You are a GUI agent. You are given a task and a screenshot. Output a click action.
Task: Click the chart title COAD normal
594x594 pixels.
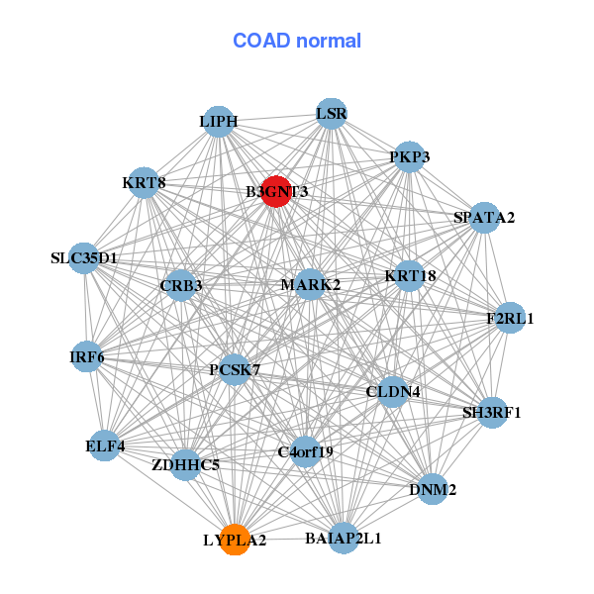[297, 41]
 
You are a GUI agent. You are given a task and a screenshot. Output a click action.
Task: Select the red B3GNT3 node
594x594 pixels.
[275, 192]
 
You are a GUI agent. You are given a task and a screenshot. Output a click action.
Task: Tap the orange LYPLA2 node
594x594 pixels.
[235, 540]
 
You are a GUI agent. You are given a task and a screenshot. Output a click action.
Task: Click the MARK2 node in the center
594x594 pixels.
[311, 284]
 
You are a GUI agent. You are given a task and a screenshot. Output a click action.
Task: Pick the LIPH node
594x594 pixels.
[219, 122]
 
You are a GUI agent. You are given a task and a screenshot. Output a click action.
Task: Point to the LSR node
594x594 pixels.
[332, 114]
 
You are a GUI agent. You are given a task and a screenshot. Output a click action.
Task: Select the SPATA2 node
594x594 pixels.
[484, 217]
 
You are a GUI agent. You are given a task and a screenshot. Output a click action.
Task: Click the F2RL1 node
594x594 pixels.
[510, 318]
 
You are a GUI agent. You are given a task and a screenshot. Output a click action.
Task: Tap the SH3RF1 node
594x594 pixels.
[492, 412]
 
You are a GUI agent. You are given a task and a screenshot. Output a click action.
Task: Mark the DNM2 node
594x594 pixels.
[433, 489]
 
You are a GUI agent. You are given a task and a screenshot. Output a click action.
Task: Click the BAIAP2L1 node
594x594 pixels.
[344, 539]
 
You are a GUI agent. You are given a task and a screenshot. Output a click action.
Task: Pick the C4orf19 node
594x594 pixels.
[306, 452]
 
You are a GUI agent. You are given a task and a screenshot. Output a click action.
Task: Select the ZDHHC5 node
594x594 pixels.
[186, 463]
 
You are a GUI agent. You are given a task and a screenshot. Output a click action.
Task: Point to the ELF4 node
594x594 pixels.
[106, 445]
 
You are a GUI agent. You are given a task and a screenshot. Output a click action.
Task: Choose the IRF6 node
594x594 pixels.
[87, 356]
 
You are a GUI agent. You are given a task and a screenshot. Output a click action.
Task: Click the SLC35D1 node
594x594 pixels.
[84, 258]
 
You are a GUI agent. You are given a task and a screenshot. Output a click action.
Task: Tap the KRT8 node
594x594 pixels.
[145, 182]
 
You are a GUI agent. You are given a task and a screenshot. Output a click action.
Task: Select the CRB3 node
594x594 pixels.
[181, 285]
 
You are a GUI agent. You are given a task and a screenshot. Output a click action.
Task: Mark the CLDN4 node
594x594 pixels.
[393, 391]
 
